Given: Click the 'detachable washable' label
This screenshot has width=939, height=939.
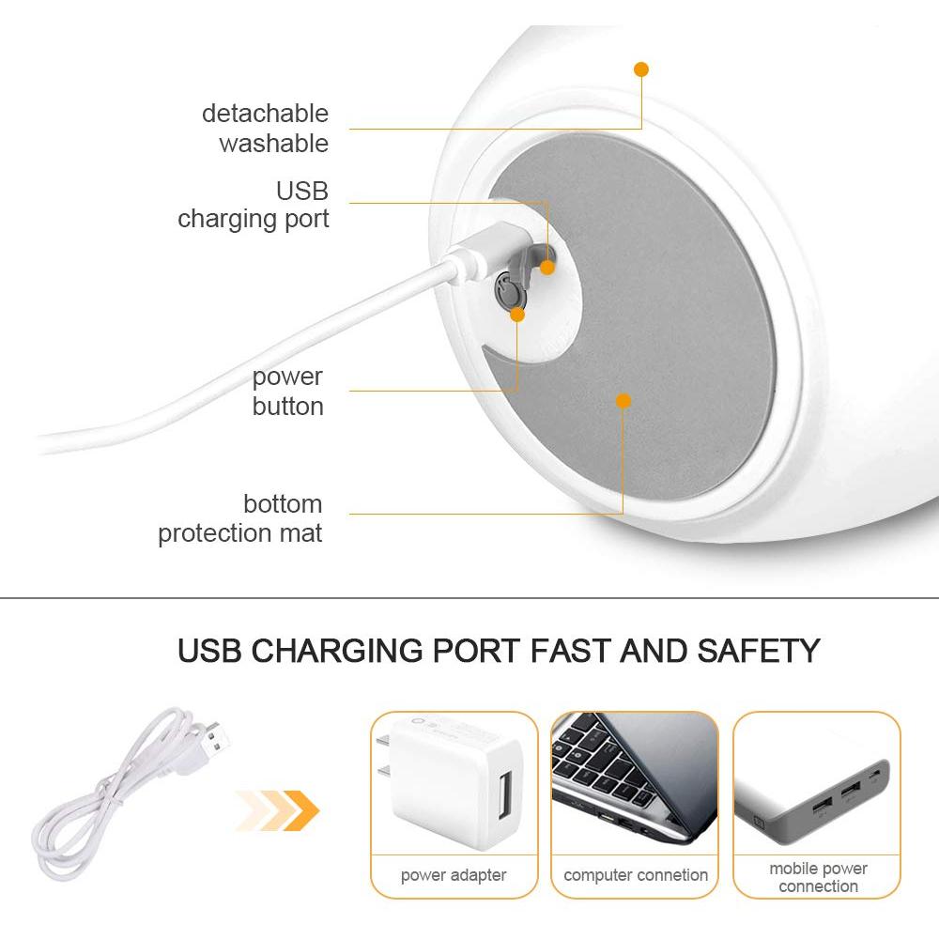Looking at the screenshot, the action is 266,128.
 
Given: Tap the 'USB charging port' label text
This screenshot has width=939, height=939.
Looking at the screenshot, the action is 254,206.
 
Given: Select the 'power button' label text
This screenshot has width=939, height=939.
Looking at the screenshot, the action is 287,391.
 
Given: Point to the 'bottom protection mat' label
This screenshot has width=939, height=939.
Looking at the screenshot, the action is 240,518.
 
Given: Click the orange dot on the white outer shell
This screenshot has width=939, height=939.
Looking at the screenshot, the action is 641,69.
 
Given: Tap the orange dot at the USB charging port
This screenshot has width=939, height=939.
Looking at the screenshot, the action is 546,268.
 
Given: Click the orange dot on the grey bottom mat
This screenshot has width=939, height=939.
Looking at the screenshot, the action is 623,401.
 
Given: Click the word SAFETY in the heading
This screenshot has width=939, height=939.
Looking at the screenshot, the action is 758,651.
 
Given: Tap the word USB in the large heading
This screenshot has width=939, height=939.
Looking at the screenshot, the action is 209,651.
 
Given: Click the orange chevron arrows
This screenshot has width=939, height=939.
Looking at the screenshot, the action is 279,811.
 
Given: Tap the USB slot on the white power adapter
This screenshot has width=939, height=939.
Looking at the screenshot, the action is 505,795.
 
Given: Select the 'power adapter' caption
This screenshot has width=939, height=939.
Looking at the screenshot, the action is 454,875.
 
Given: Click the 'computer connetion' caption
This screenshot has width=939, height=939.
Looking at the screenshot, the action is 636,875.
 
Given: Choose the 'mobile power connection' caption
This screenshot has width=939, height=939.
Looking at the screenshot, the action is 818,877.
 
